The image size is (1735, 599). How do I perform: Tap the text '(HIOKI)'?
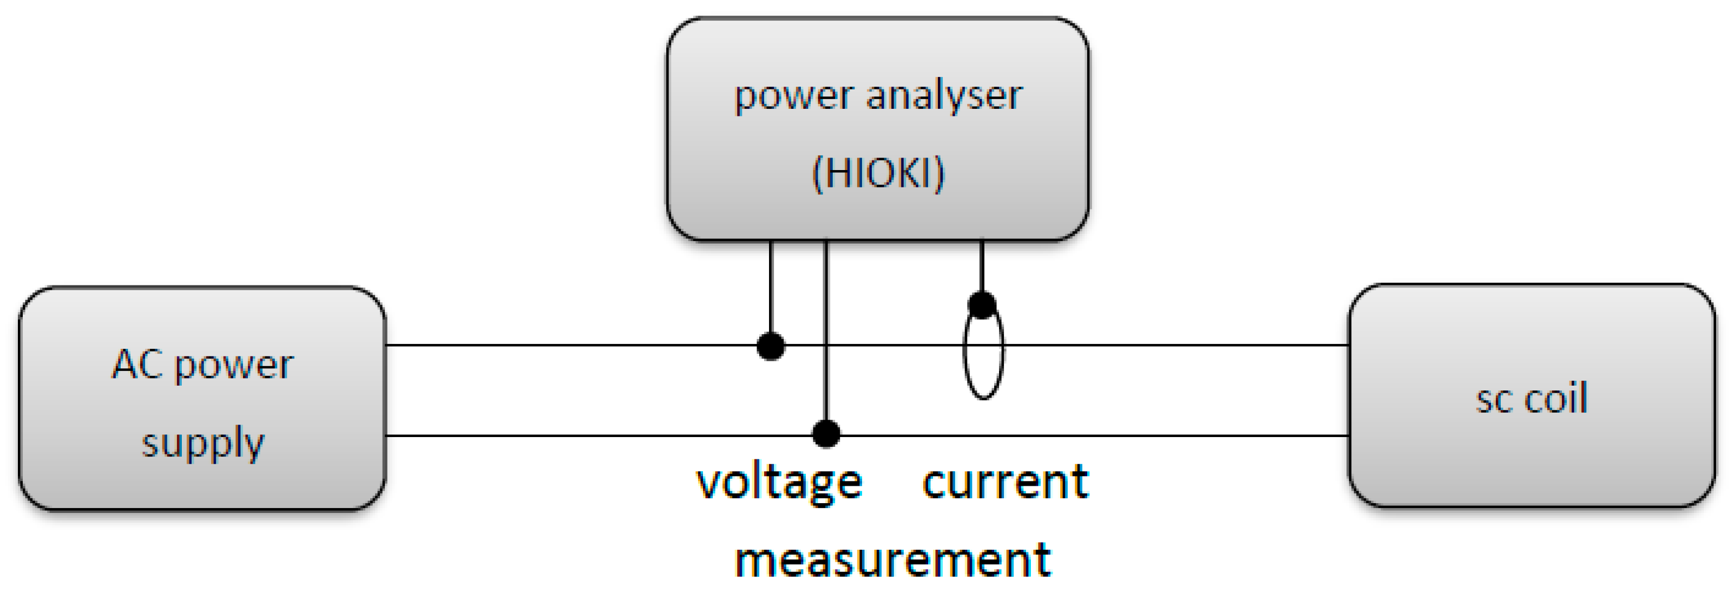(878, 173)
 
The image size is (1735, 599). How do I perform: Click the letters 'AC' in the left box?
(137, 364)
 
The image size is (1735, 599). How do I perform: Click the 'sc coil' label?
(1531, 398)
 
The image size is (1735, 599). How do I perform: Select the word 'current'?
(1005, 483)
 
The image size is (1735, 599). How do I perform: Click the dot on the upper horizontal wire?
(771, 346)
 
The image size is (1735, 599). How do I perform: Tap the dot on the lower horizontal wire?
(826, 434)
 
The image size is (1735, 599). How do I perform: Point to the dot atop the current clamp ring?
(982, 304)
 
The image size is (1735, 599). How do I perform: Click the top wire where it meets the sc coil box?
(1347, 345)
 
